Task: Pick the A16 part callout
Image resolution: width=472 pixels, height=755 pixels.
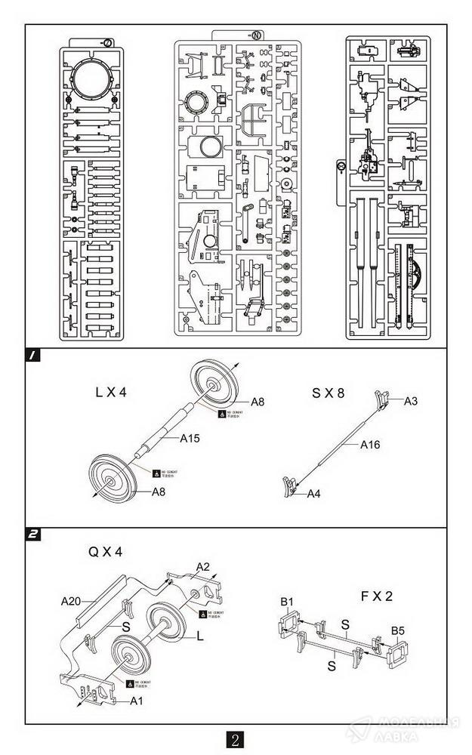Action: (370, 445)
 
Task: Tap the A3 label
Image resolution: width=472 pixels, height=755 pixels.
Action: (411, 401)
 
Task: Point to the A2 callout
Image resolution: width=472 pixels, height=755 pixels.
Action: (202, 566)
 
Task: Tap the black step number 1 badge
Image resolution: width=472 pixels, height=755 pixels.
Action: (33, 355)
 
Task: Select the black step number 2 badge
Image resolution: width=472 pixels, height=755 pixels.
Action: (33, 535)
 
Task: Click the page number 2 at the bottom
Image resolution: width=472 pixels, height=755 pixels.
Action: (236, 740)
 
